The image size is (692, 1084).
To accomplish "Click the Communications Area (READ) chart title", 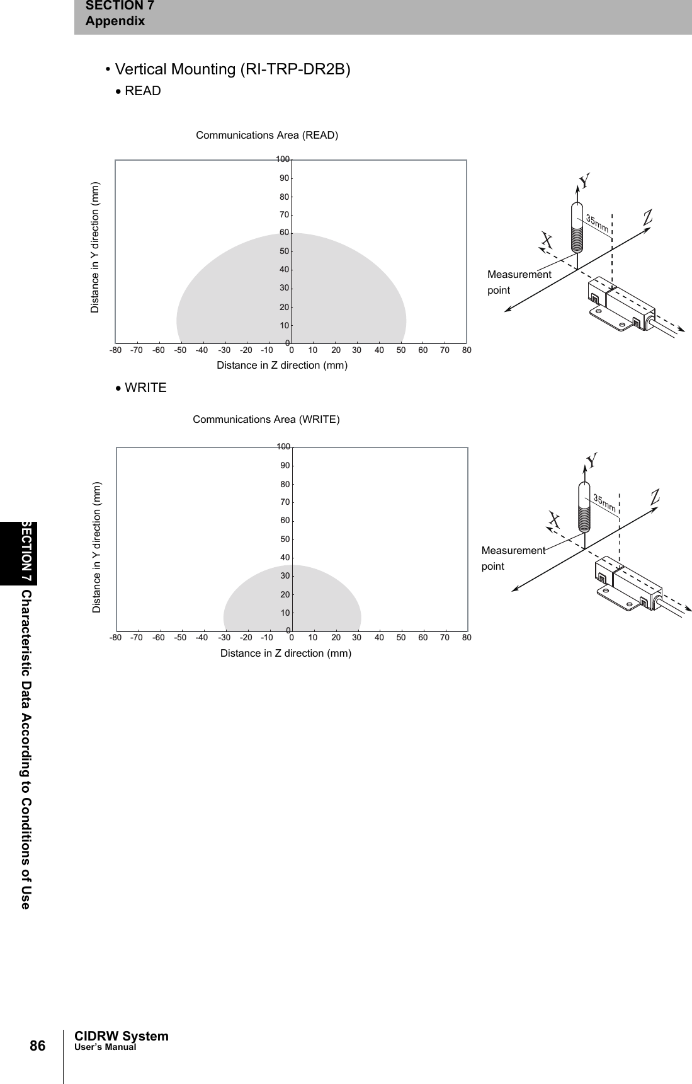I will pyautogui.click(x=267, y=135).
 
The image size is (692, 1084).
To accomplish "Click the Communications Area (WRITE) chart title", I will pyautogui.click(x=266, y=420).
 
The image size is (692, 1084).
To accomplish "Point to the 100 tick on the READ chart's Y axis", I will pyautogui.click(x=283, y=159).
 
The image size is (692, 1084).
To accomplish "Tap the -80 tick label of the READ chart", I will pyautogui.click(x=115, y=350).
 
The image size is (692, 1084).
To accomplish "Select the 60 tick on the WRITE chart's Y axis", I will pyautogui.click(x=285, y=521).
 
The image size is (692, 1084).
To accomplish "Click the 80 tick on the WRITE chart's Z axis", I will pyautogui.click(x=467, y=637).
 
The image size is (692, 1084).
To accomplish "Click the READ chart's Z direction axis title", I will pyautogui.click(x=282, y=366).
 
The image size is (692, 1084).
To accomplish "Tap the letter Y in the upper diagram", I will pyautogui.click(x=585, y=182).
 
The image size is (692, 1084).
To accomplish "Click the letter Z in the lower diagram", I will pyautogui.click(x=655, y=496).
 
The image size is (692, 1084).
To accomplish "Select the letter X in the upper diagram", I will pyautogui.click(x=547, y=240).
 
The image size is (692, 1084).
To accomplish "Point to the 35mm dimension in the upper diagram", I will pyautogui.click(x=598, y=222).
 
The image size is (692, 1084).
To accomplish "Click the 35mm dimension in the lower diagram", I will pyautogui.click(x=605, y=502).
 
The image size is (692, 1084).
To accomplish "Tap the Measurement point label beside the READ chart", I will pyautogui.click(x=519, y=282).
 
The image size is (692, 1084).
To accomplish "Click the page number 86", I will pyautogui.click(x=38, y=1047).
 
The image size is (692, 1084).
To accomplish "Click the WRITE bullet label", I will pyautogui.click(x=145, y=388).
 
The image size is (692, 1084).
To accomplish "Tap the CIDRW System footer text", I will pyautogui.click(x=122, y=1036).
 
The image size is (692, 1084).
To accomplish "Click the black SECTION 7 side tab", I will pyautogui.click(x=27, y=552).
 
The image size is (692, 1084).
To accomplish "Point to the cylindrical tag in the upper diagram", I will pyautogui.click(x=577, y=228).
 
